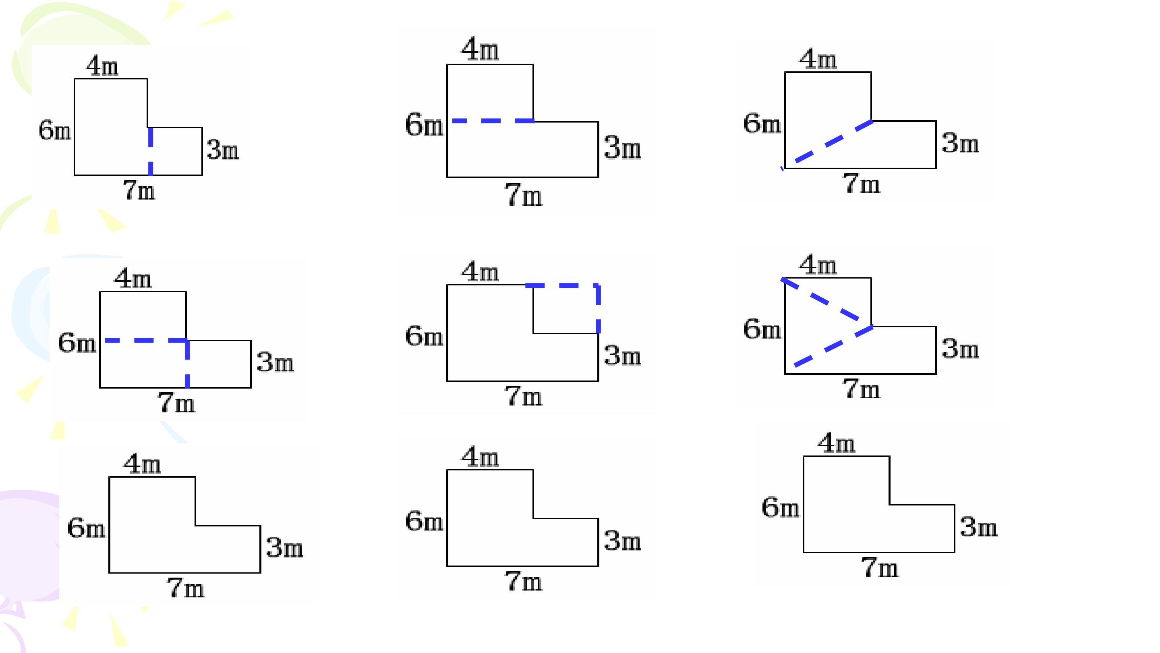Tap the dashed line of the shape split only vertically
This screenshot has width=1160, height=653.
point(150,152)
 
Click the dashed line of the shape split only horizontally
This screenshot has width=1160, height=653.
point(493,121)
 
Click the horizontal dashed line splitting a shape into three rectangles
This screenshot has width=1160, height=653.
point(146,341)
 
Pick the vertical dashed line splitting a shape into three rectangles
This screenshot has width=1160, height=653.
point(187,364)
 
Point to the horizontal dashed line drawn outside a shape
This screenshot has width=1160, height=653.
point(562,285)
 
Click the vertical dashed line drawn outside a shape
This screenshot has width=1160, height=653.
point(599,309)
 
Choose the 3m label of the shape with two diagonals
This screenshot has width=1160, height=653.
point(961,349)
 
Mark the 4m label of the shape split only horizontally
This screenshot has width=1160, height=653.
point(481,49)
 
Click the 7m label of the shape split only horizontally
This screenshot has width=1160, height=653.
point(524,195)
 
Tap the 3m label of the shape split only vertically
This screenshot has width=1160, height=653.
point(223,150)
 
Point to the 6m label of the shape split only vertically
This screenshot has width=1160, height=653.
point(55,131)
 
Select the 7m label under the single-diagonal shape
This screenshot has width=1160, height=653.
point(862,183)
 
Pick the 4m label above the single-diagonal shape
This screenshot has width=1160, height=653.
point(818,59)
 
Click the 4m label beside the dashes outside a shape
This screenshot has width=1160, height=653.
point(481,272)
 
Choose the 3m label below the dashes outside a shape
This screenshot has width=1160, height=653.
point(623,355)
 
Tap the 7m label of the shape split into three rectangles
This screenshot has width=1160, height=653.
point(176,402)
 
